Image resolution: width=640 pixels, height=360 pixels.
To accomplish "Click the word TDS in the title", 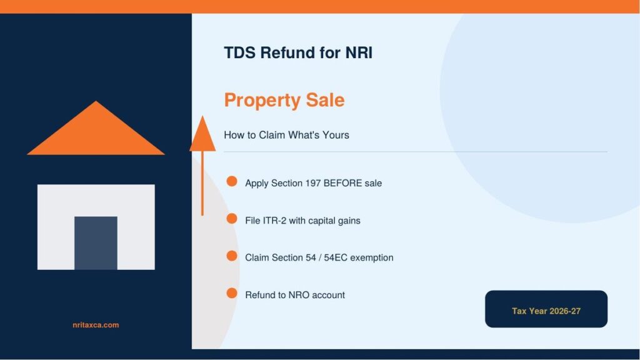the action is pos(240,52).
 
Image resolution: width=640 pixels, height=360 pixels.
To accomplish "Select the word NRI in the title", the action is pos(359,52).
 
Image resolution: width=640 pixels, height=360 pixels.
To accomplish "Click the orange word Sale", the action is pos(325,100).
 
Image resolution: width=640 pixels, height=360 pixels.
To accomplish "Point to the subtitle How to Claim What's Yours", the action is pos(286,135).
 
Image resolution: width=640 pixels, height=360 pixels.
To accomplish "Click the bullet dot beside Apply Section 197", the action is pos(232,181).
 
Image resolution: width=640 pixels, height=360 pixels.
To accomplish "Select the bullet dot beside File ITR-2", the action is pos(232,219).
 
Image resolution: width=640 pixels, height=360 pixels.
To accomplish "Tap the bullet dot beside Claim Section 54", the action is pos(232,256).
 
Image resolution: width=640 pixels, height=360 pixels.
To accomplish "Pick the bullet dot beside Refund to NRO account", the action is pos(232,293).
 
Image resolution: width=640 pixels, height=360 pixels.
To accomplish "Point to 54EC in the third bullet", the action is pos(336,258).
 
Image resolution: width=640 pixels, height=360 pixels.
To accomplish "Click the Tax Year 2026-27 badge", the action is pos(546,309).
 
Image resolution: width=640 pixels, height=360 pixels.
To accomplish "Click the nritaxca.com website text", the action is pos(96,325).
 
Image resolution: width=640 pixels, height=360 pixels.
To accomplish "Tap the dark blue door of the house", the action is pos(96,243).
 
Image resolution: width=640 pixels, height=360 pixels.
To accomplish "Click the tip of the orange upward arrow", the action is pos(202,116).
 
